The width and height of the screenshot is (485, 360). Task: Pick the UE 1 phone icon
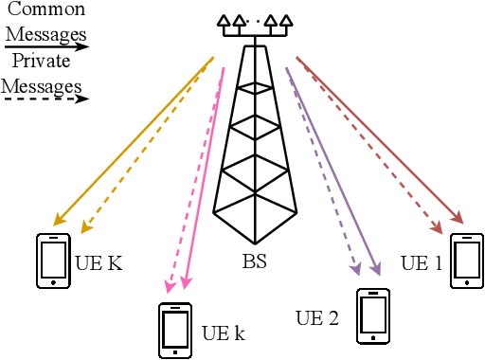tap(465, 261)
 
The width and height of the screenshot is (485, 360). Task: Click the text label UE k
tap(224, 334)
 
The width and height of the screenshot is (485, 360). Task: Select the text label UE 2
tap(317, 317)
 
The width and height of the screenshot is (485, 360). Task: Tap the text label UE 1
tap(421, 261)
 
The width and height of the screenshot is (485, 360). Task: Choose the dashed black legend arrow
tap(47, 98)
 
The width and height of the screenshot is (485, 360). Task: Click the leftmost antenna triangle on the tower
tap(224, 20)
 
